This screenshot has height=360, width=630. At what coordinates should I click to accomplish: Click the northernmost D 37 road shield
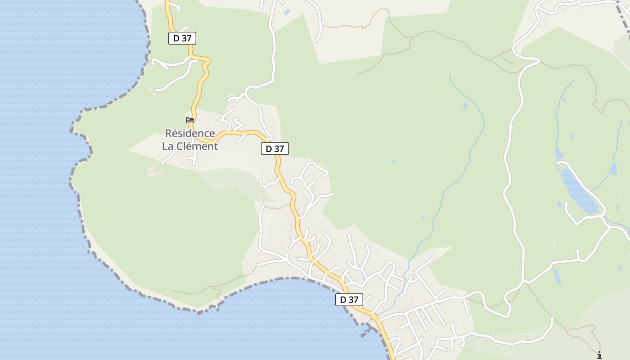[182, 38]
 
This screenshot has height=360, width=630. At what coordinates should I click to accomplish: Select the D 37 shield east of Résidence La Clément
[274, 148]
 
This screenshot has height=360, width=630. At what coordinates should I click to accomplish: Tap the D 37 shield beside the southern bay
[349, 300]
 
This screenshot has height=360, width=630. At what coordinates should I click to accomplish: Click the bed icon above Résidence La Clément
[190, 120]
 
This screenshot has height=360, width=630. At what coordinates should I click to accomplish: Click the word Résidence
[190, 134]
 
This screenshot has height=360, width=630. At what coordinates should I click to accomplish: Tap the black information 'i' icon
[599, 355]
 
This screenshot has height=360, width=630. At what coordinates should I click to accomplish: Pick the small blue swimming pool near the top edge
[287, 12]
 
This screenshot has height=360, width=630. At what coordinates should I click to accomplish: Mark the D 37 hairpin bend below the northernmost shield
[207, 63]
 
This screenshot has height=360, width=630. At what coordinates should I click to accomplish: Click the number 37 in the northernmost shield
[187, 38]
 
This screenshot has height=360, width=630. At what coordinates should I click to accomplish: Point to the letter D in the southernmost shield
[343, 300]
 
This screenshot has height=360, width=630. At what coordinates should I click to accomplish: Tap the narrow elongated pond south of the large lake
[557, 276]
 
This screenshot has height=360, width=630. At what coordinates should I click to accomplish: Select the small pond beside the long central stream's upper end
[465, 107]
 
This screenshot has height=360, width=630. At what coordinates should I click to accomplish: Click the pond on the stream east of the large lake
[613, 169]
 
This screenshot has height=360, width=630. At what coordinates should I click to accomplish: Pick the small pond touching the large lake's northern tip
[558, 155]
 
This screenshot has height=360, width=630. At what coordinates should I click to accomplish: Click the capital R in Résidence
[169, 134]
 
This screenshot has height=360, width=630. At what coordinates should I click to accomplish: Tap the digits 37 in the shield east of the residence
[279, 148]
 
